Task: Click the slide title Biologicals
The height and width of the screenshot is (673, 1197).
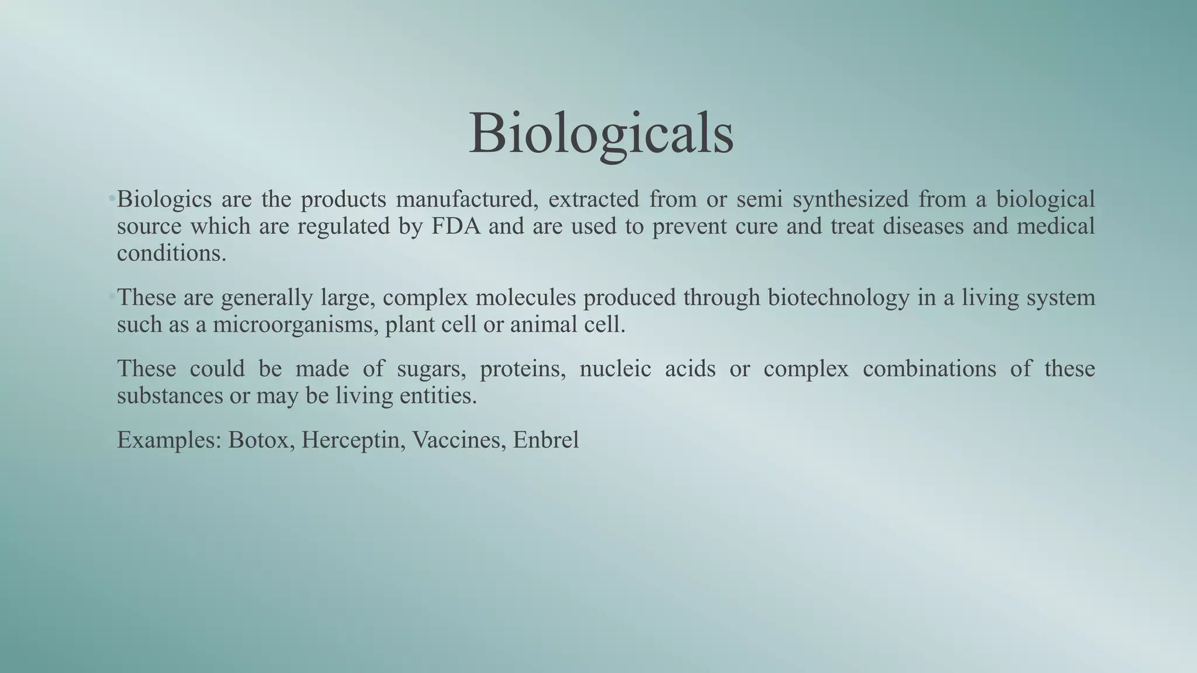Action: click(x=601, y=133)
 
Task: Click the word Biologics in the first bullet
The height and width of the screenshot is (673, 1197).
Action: click(x=164, y=200)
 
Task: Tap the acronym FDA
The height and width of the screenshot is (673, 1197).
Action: click(x=456, y=227)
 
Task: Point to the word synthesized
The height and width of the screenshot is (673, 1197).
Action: click(x=850, y=200)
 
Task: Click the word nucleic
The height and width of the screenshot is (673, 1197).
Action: click(x=615, y=369)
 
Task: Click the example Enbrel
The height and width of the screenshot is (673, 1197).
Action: click(x=546, y=440)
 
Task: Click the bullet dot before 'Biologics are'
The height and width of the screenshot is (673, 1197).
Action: click(x=111, y=200)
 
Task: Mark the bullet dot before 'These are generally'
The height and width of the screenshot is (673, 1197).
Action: click(x=111, y=298)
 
